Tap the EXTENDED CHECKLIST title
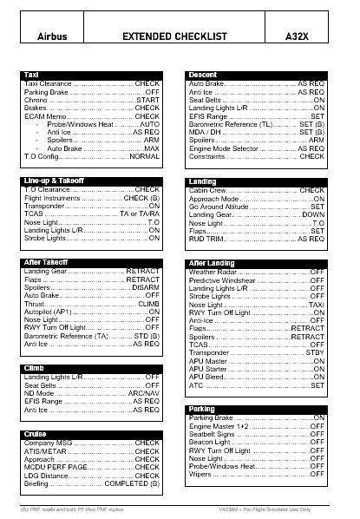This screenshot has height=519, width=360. click(175, 37)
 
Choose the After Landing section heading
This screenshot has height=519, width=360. click(212, 263)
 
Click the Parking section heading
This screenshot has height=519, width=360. click(202, 409)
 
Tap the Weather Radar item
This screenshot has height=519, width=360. click(213, 272)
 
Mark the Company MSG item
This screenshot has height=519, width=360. click(49, 443)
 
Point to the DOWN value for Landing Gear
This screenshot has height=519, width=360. click(313, 214)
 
